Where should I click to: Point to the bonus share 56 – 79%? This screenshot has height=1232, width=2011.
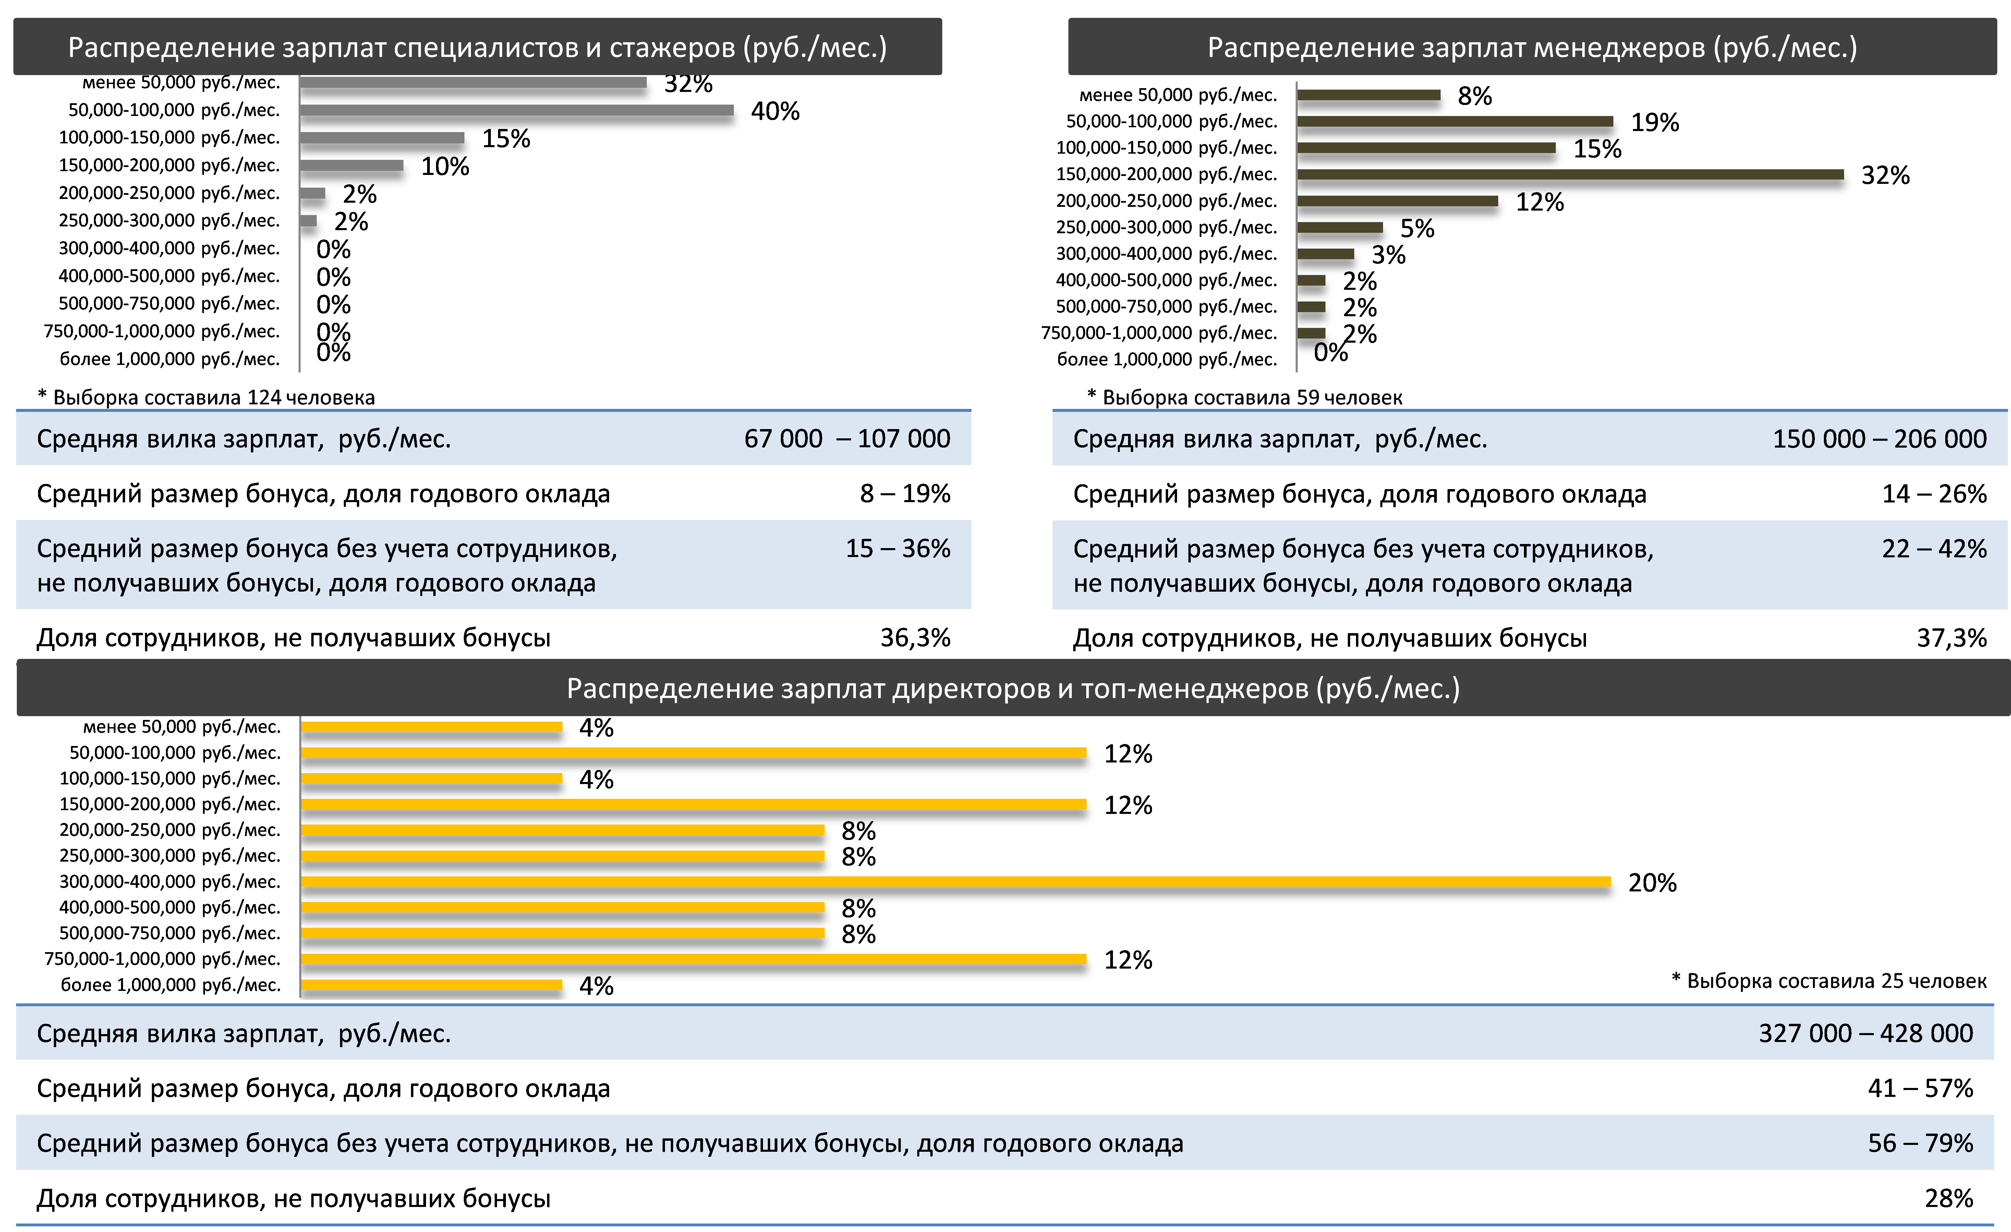(1919, 1143)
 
